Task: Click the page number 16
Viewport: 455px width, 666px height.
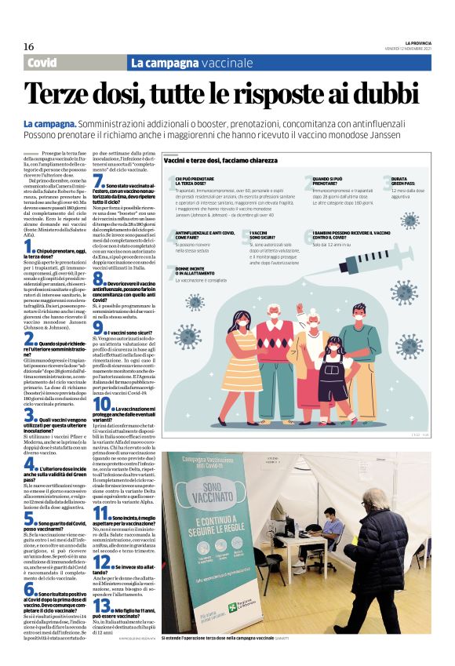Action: tap(28, 46)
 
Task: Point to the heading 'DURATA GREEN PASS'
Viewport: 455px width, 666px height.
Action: tap(404, 182)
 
